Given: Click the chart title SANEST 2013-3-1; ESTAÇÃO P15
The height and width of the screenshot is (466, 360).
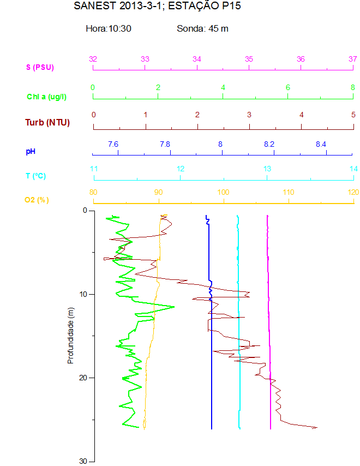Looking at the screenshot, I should (x=157, y=7).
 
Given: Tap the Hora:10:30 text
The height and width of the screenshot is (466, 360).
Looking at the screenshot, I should (x=109, y=28).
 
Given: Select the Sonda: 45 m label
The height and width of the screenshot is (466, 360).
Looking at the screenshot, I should (x=202, y=28).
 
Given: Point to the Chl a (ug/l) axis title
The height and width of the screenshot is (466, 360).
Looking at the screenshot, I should (x=47, y=97).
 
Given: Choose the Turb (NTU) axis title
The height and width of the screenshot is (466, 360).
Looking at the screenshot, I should (x=47, y=122).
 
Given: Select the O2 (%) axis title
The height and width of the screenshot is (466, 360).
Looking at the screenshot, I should (x=37, y=200).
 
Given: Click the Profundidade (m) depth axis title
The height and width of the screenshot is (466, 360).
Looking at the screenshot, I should (x=70, y=335).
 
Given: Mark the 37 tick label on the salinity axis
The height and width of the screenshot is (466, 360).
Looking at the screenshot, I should (x=352, y=59).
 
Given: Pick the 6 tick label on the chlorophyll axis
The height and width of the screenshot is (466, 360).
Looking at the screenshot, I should (x=288, y=87).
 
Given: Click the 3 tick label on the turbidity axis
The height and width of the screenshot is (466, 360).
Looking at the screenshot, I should (x=249, y=115).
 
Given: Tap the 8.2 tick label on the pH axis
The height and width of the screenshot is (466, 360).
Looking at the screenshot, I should (x=269, y=144).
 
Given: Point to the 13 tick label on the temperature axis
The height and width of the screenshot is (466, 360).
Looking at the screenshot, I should (x=267, y=169).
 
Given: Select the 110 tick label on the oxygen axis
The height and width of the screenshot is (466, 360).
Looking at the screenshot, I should (x=289, y=192).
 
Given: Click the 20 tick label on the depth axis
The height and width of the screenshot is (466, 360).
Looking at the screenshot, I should (x=83, y=378).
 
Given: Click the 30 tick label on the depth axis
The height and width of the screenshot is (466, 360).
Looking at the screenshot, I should (x=83, y=461).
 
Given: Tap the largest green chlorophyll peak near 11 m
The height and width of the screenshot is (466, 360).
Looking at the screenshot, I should (x=174, y=307).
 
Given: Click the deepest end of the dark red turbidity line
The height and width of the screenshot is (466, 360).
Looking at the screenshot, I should (x=316, y=428).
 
